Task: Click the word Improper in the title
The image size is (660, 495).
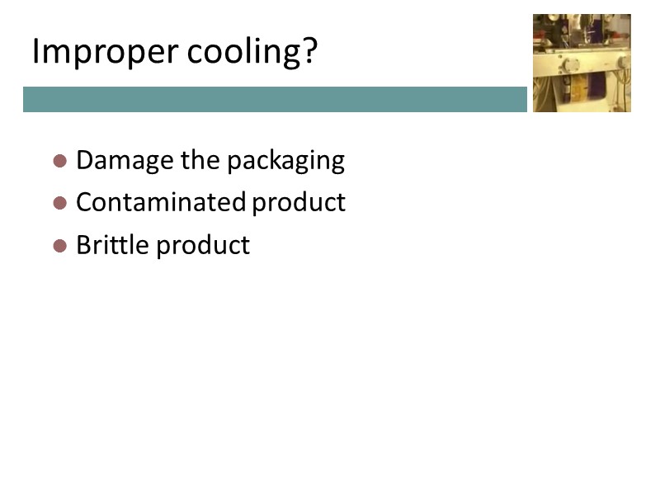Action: (106, 53)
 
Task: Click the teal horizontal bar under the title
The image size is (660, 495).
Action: (275, 99)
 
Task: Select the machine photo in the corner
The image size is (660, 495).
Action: (582, 63)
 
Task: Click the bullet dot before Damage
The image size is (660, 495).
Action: (59, 160)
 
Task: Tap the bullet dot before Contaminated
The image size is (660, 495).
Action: (59, 203)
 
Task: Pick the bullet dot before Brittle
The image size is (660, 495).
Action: (59, 246)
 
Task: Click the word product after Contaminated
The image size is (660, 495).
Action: (299, 203)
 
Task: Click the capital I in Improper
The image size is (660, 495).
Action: (35, 52)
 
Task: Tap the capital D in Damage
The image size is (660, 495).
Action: (83, 160)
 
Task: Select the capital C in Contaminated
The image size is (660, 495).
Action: (83, 202)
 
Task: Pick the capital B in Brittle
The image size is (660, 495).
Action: (82, 245)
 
